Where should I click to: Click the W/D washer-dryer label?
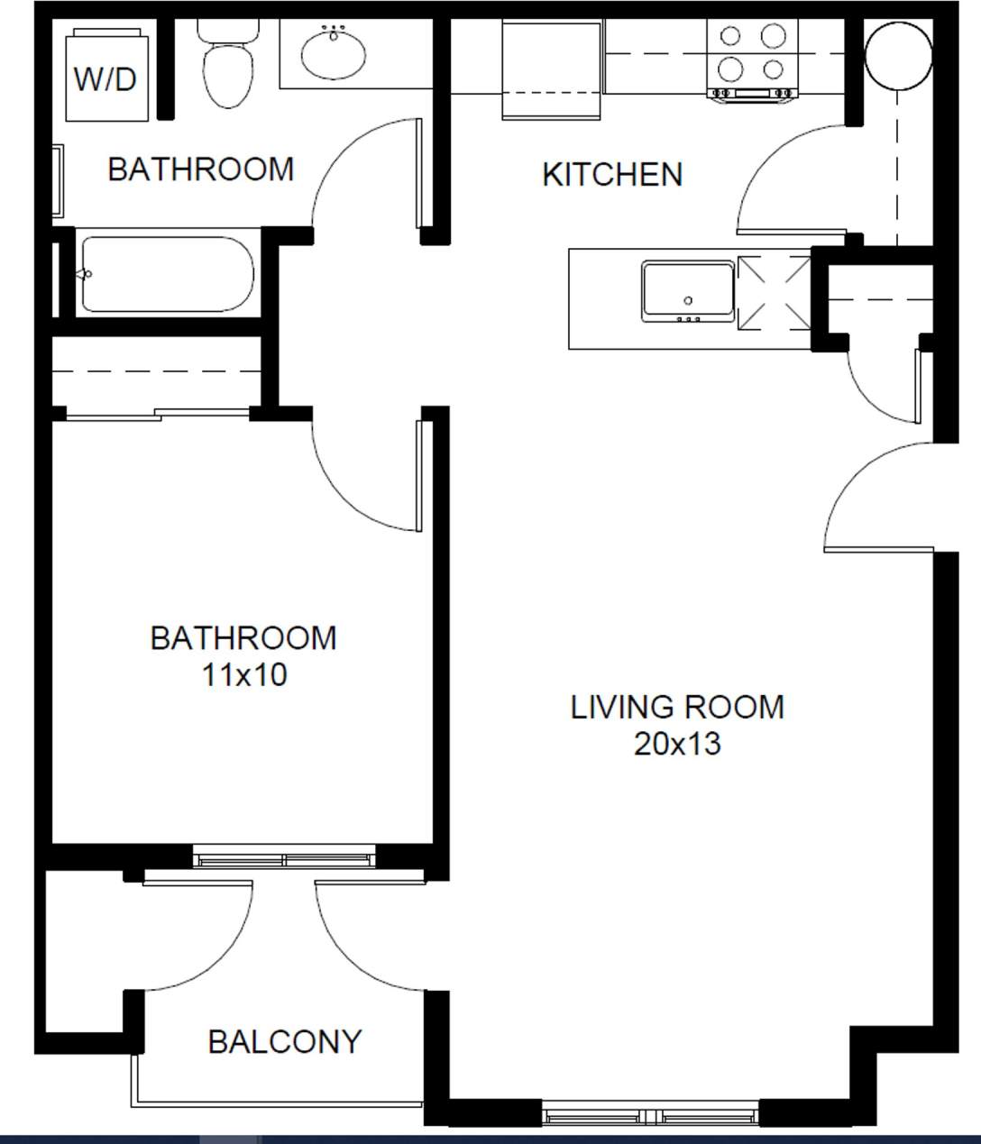tap(105, 79)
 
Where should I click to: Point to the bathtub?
tap(167, 274)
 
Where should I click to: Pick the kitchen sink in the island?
tap(688, 291)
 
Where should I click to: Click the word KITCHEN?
tap(612, 174)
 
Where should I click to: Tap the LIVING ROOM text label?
tap(677, 707)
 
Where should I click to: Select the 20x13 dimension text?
tap(677, 744)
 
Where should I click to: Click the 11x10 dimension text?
tap(243, 674)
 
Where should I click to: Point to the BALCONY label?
tap(284, 1042)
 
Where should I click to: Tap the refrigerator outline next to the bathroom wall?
tap(552, 70)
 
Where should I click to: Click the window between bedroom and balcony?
tap(285, 856)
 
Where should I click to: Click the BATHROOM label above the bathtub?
tap(200, 169)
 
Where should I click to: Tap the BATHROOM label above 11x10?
tap(243, 638)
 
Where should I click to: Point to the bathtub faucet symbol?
tap(85, 274)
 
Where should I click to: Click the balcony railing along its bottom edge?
tap(278, 1103)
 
